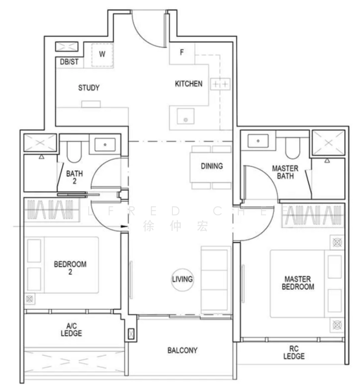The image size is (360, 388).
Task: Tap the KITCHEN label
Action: [x=189, y=84]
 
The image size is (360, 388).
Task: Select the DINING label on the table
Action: [x=211, y=166]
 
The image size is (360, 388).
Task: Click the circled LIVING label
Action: [x=183, y=279]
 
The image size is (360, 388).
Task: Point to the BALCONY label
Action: [x=183, y=350]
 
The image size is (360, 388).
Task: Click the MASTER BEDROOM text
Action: [x=298, y=283]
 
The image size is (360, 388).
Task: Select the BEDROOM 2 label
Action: [x=70, y=268]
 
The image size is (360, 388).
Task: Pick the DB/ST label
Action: [x=69, y=61]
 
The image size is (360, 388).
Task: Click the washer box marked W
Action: [x=102, y=54]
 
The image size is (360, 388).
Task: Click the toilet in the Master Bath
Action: [x=291, y=149]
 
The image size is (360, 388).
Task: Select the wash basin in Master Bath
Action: [x=258, y=141]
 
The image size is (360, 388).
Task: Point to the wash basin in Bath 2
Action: [x=103, y=145]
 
